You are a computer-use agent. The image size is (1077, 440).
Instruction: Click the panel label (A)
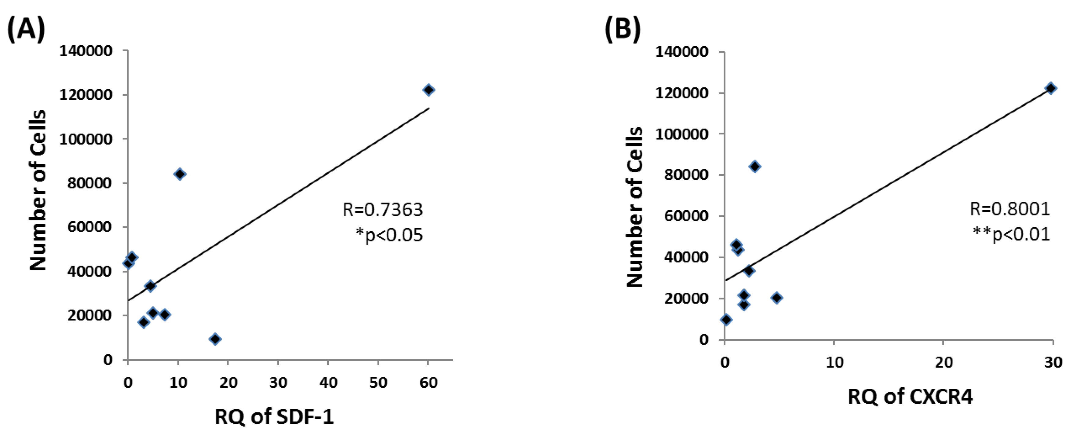click(26, 30)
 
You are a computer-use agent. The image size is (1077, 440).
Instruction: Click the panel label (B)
click(622, 30)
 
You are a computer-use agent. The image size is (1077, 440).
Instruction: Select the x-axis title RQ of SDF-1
click(274, 416)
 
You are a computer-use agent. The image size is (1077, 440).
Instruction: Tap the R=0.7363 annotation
click(382, 210)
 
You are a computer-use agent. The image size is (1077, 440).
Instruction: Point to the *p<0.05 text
click(389, 235)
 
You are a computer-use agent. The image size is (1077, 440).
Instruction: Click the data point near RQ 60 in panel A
click(429, 90)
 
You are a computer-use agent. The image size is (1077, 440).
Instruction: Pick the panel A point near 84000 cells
click(180, 174)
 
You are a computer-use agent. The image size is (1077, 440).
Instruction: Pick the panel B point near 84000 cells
click(755, 167)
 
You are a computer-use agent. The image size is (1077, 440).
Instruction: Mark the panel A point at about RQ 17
click(215, 339)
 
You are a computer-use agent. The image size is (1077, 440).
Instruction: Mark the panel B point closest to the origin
click(726, 320)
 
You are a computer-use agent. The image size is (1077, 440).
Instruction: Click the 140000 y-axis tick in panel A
click(86, 51)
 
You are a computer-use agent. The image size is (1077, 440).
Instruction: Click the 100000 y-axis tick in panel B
click(681, 134)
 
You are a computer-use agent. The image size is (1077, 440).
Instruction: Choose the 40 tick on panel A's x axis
click(328, 382)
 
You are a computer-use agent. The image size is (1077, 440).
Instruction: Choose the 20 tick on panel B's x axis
click(944, 362)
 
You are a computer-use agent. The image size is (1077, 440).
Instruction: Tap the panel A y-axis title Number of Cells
click(38, 190)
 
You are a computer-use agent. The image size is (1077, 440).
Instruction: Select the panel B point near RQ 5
click(776, 298)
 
